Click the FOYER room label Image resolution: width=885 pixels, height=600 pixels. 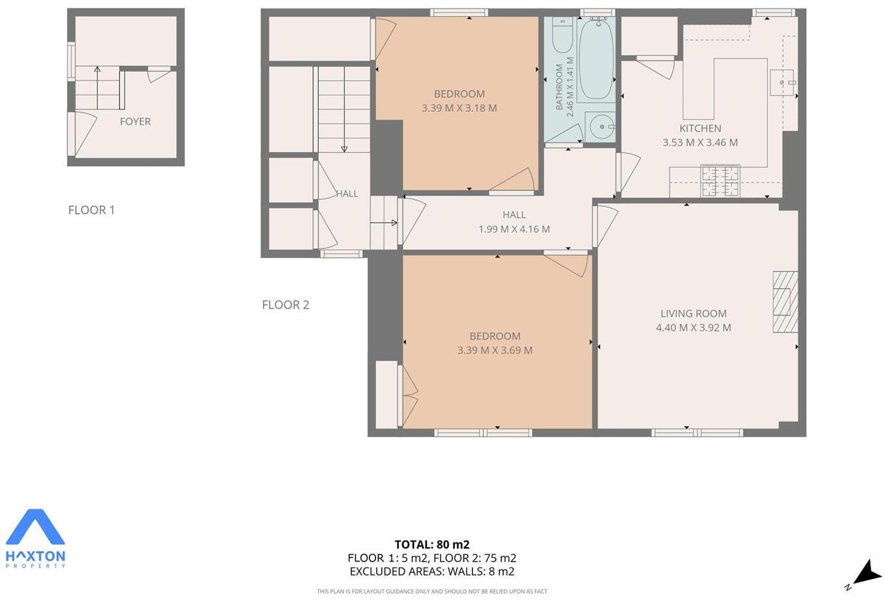pos(135,122)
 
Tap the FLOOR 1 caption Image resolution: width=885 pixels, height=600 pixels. pos(91,210)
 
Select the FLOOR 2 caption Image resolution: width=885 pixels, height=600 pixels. pos(285,305)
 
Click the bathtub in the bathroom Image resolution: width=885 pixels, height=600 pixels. pos(595,59)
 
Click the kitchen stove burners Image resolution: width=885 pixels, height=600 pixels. pos(720,180)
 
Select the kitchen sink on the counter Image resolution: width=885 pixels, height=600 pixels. pos(782,82)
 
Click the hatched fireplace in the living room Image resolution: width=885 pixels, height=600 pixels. pos(785,302)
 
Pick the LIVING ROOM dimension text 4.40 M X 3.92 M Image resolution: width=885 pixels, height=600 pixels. pos(693,328)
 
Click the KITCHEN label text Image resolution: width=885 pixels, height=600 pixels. pos(700,128)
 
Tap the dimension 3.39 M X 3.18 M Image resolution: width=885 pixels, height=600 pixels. pos(459,108)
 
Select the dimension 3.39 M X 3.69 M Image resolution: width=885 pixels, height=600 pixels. pos(495,350)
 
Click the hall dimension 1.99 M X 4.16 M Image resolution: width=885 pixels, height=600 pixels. pos(513,229)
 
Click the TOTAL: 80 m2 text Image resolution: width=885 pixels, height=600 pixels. pos(431,545)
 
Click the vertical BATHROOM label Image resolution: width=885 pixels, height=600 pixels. pos(559,87)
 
